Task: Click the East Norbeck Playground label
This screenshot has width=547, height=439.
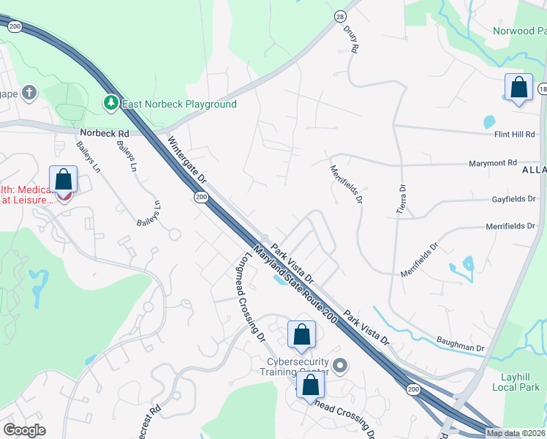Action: [x=179, y=104]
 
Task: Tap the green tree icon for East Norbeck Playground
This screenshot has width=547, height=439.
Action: [x=111, y=104]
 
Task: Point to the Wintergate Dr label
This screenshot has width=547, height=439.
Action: [x=188, y=158]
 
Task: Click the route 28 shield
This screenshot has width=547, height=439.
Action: [x=339, y=16]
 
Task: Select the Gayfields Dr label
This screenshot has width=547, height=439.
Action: [x=513, y=199]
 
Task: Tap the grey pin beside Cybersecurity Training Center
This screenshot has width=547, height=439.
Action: [x=339, y=364]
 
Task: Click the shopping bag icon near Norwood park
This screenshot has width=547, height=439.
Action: [x=518, y=88]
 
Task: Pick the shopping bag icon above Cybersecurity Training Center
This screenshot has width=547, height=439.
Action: [x=301, y=336]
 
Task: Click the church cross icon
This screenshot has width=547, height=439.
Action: [x=29, y=93]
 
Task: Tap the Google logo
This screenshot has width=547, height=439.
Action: [x=24, y=430]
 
